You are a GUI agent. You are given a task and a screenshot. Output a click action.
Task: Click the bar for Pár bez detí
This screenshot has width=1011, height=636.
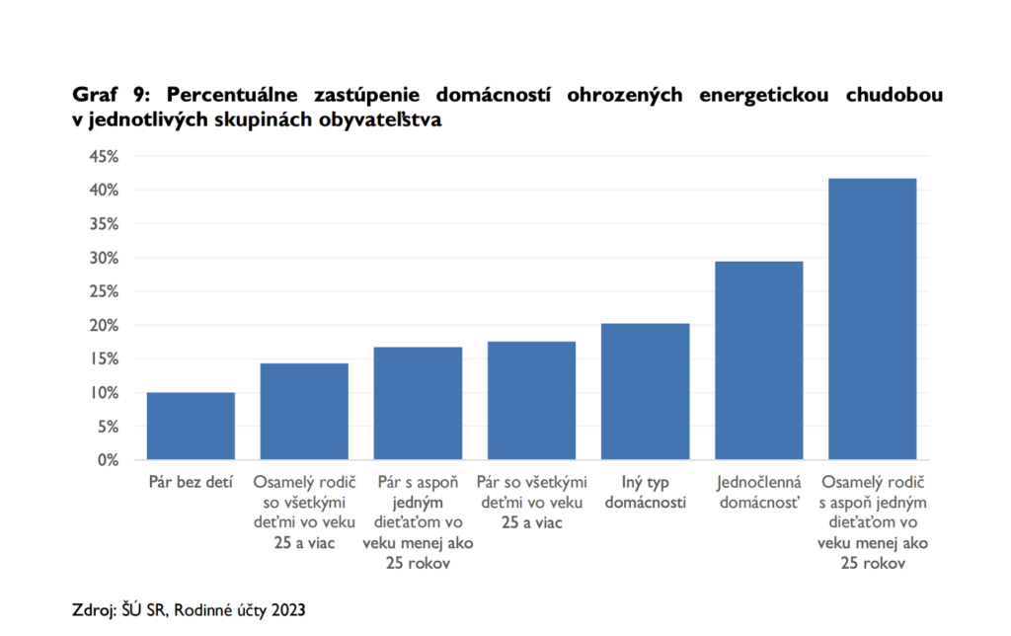click(x=191, y=427)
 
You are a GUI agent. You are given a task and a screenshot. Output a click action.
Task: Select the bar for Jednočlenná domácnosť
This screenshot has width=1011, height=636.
click(x=758, y=360)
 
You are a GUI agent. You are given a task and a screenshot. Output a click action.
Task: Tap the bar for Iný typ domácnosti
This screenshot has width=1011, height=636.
click(x=645, y=392)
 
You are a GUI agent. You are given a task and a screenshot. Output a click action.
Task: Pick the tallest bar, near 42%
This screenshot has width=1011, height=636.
click(x=872, y=319)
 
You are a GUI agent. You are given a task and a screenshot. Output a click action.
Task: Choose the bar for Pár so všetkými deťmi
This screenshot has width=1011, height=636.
click(x=531, y=401)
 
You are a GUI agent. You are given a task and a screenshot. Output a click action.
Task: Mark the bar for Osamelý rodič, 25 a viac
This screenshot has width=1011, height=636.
click(x=304, y=412)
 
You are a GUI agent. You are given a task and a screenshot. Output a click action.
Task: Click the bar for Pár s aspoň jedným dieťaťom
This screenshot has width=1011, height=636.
click(x=418, y=404)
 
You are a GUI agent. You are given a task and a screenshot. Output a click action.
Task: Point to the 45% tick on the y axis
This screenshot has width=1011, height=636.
click(x=104, y=156)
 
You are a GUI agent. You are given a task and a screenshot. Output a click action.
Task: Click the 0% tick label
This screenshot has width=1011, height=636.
click(x=108, y=460)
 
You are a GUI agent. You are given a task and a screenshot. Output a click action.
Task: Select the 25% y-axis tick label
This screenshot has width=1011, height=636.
click(x=104, y=291)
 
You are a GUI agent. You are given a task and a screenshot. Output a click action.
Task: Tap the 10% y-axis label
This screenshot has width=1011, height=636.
click(x=104, y=393)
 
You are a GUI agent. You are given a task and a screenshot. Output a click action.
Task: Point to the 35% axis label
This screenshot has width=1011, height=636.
click(x=104, y=223)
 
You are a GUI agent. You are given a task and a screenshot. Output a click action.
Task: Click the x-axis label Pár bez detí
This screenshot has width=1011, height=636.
click(x=191, y=483)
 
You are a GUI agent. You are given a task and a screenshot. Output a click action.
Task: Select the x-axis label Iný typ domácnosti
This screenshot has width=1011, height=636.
click(x=645, y=493)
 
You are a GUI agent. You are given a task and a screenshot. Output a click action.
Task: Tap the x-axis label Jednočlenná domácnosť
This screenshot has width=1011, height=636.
click(x=758, y=493)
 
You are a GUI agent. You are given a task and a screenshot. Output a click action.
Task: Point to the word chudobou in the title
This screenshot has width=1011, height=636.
click(x=894, y=96)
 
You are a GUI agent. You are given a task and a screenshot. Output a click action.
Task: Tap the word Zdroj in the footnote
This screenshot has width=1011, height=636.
click(x=92, y=608)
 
